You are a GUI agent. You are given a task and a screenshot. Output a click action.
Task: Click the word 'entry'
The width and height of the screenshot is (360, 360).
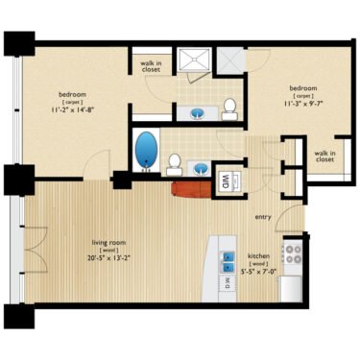(263, 217)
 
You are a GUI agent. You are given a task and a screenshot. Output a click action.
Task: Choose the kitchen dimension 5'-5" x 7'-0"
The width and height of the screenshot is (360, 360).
(260, 270)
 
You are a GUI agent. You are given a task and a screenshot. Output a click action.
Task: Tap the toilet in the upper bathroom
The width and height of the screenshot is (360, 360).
(230, 108)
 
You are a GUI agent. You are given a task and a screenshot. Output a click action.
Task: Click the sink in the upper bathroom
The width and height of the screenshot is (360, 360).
(198, 112)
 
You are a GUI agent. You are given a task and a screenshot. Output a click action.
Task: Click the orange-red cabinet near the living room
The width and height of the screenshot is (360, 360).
(187, 181)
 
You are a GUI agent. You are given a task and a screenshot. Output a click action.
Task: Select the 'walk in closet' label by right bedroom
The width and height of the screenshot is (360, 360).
(324, 156)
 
